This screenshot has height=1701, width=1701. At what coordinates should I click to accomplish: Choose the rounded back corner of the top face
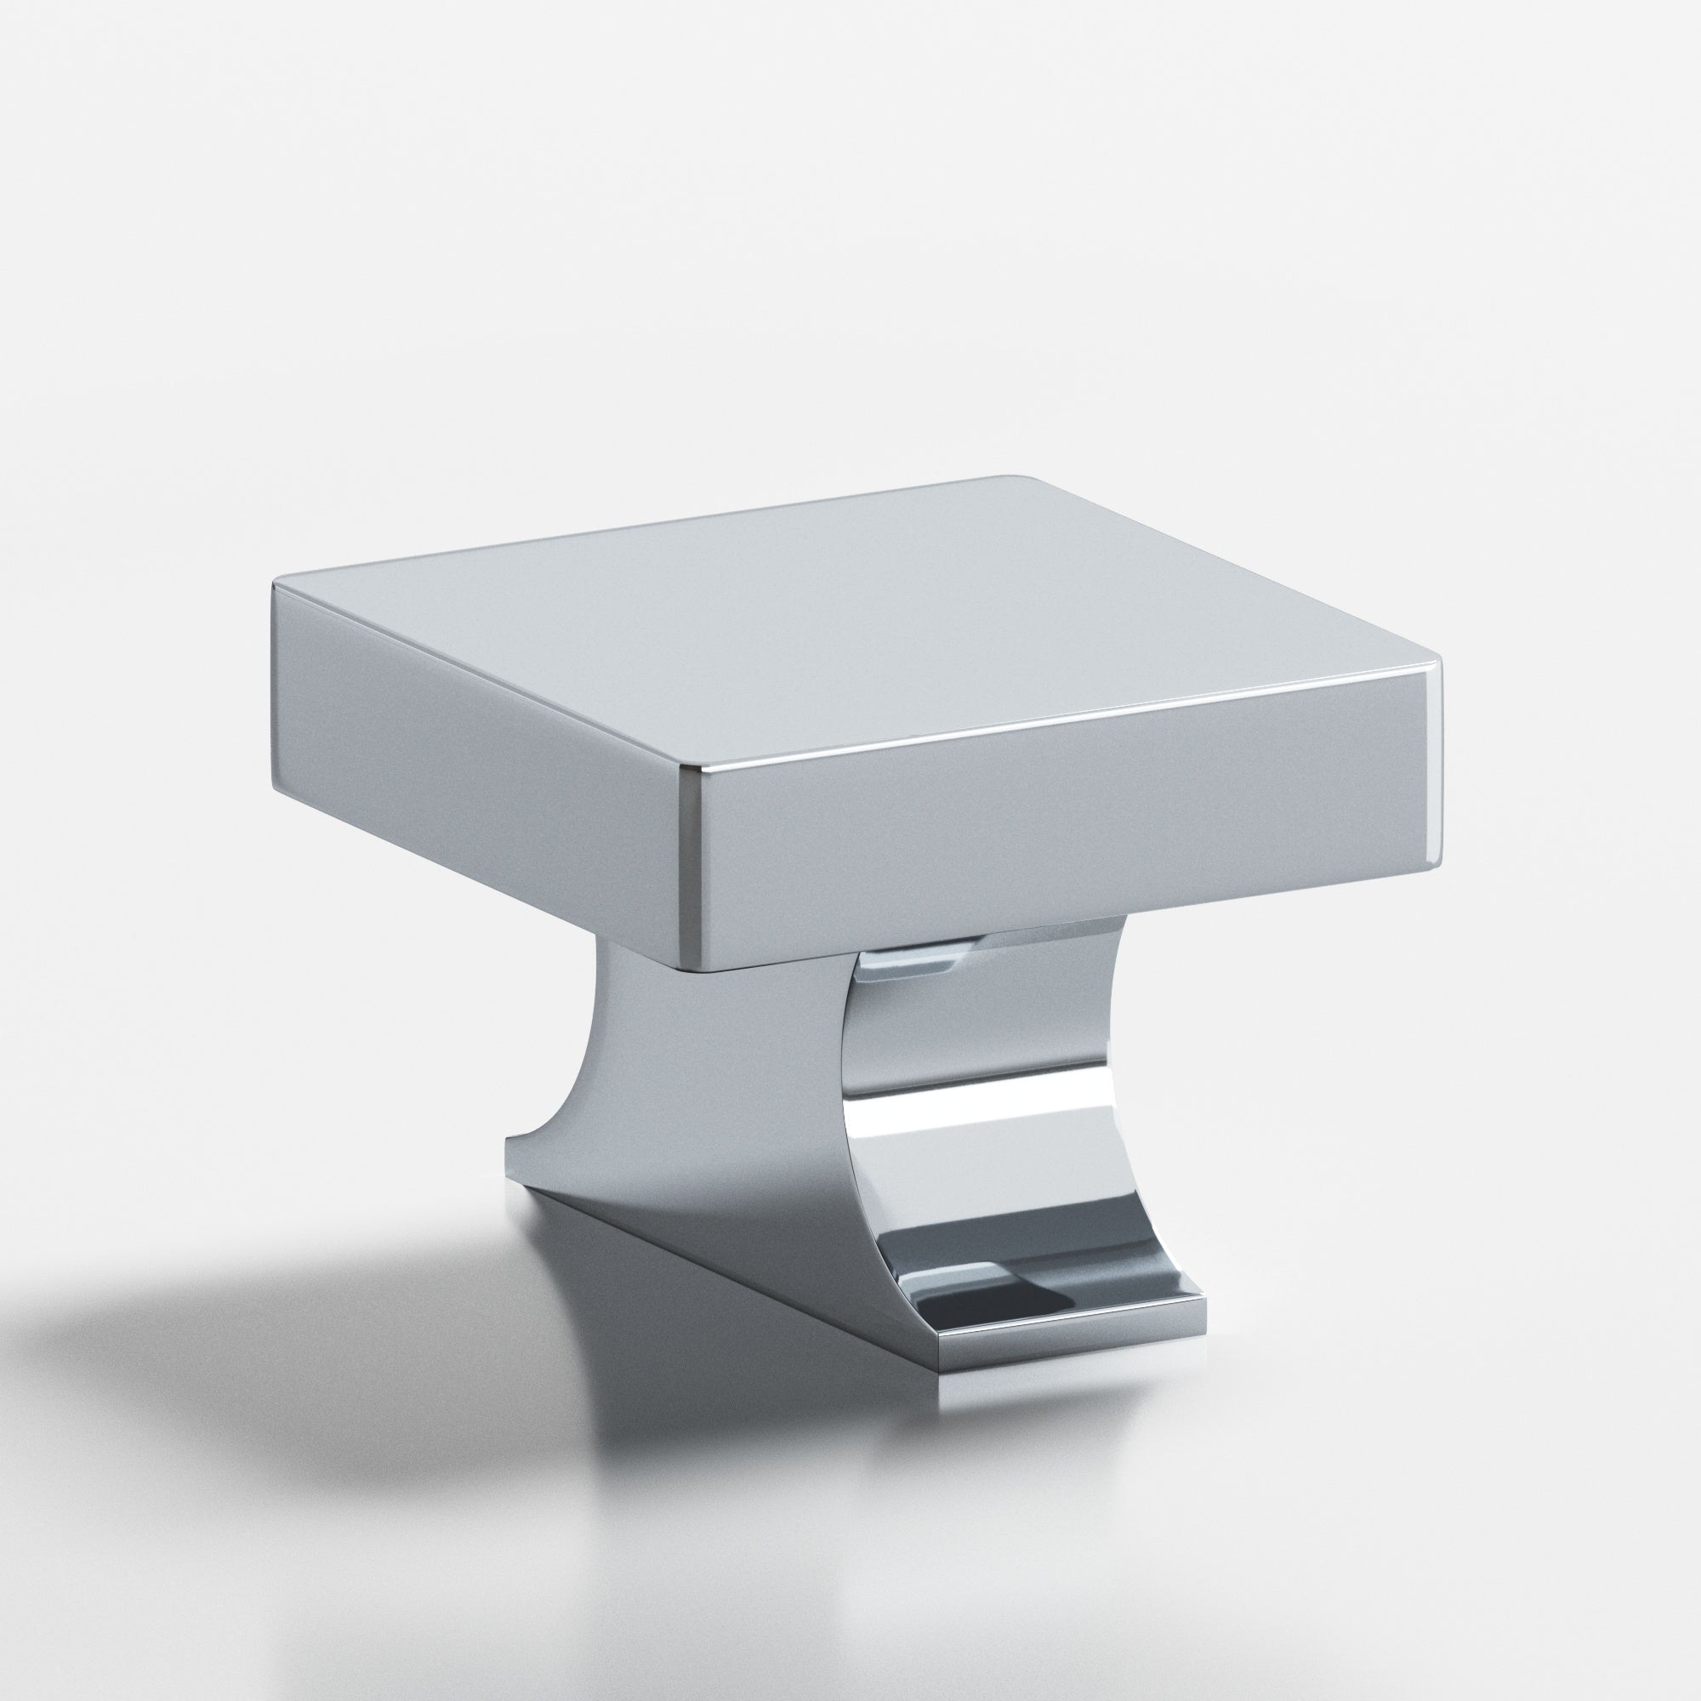point(1012,481)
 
